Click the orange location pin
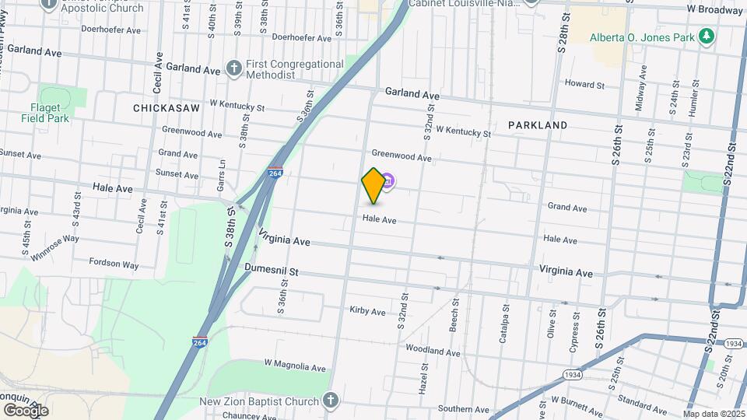pos(373,185)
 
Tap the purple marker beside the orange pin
pos(388,182)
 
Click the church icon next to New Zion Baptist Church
pos(331,401)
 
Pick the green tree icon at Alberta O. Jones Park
pos(706,37)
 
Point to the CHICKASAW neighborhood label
pos(167,107)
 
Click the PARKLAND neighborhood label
pos(538,124)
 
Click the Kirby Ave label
pos(368,311)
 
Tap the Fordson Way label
pos(114,264)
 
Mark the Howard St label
pos(584,84)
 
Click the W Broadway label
pos(714,10)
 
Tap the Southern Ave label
pos(463,409)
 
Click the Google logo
pos(26,410)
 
